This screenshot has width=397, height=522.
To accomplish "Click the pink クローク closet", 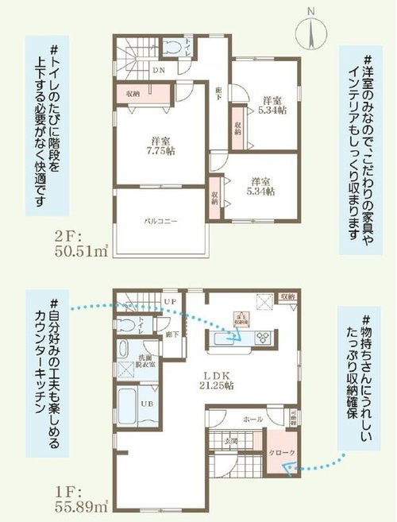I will [281, 453].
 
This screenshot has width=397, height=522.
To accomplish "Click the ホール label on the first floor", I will [252, 417].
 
